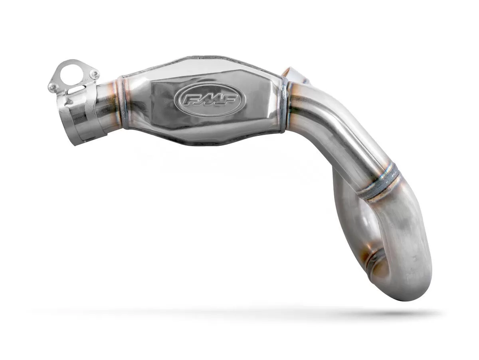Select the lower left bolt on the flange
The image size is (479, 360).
[x=53, y=86]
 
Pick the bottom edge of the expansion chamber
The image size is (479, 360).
[x=200, y=143]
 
